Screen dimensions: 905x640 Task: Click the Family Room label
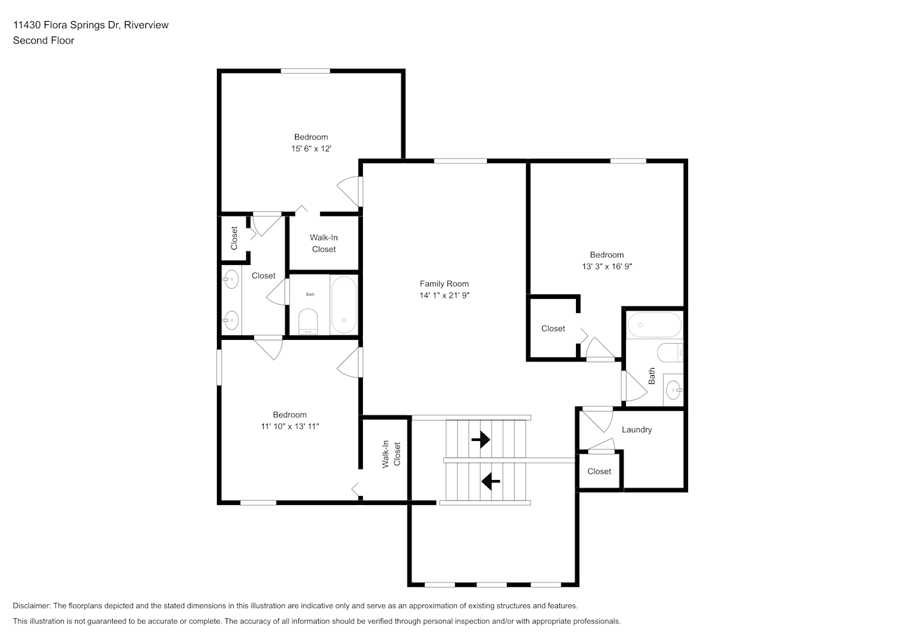[x=444, y=284]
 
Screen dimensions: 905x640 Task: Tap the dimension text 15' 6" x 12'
[x=311, y=148]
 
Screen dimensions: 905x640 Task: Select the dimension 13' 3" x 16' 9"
[x=607, y=266]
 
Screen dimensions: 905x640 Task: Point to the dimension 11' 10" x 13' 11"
[x=290, y=426]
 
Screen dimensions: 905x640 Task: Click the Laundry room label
[x=637, y=430]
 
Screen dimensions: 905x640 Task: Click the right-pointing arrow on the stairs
[x=481, y=439]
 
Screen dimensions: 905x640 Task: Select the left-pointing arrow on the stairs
[x=490, y=481]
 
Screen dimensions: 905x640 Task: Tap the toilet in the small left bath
[x=308, y=322]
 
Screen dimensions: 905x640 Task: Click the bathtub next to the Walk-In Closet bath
[x=344, y=305]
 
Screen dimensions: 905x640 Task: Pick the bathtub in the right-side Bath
[x=654, y=325]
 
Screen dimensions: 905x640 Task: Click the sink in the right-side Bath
[x=673, y=390]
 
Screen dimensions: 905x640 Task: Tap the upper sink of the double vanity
[x=231, y=279]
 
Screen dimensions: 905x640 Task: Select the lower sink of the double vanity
[x=231, y=321]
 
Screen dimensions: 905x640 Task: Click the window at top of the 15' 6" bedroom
[x=305, y=71]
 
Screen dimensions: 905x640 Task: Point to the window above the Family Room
[x=461, y=161]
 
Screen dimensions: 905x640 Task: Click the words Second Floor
[x=44, y=40]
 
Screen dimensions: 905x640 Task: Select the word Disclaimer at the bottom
[x=32, y=605]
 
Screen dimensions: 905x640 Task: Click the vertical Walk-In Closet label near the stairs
[x=391, y=454]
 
